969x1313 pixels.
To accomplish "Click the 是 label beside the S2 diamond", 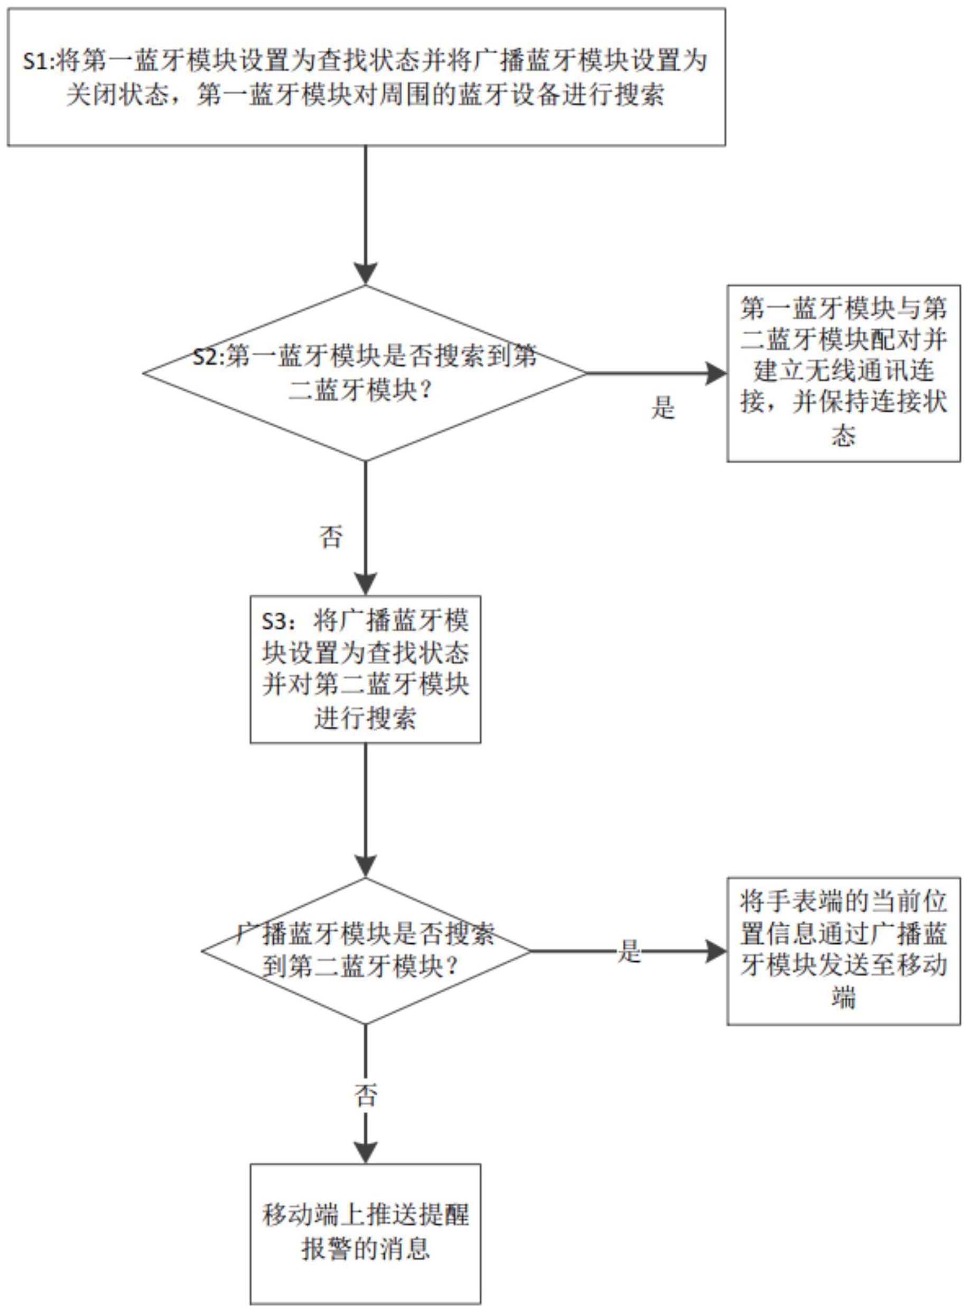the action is [663, 407].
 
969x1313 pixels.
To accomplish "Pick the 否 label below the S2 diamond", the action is [331, 536].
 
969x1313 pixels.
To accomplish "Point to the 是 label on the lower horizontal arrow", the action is [629, 951].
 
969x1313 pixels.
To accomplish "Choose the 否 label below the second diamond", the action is [366, 1094].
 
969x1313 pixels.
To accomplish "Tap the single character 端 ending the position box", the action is [843, 997].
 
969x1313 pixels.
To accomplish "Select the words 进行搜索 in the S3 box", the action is [366, 717].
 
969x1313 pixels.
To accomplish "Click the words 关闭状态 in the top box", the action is [117, 94].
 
